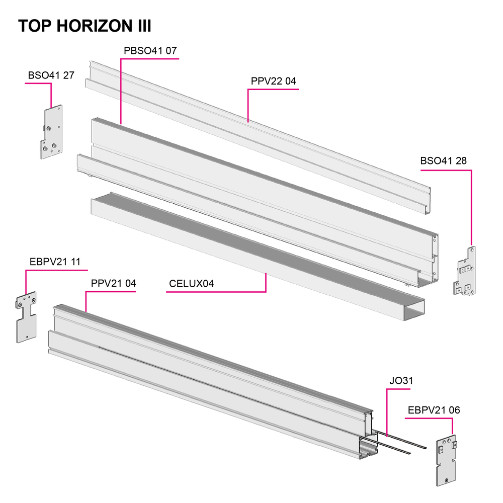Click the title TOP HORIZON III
point(85,26)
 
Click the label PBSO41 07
point(150,51)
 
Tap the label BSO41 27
point(51,75)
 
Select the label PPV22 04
point(273,81)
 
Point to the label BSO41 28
point(443,161)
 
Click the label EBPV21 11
point(55,262)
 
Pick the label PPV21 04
point(113,283)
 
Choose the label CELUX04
point(191,284)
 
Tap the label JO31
point(401,381)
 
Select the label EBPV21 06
point(434,410)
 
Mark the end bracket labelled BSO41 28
point(464,271)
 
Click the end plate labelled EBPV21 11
point(26,317)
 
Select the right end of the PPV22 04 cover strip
point(428,201)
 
